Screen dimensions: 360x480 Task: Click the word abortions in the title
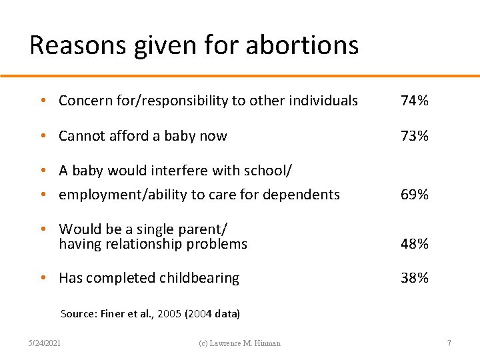pyautogui.click(x=302, y=45)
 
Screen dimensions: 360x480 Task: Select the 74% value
pyautogui.click(x=414, y=101)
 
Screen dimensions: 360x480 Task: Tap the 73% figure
pyautogui.click(x=414, y=136)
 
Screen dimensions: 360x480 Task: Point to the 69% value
pyautogui.click(x=414, y=195)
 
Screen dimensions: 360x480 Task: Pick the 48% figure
pyautogui.click(x=414, y=244)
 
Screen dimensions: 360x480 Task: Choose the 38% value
pyautogui.click(x=414, y=278)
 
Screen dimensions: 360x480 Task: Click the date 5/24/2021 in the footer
pyautogui.click(x=44, y=343)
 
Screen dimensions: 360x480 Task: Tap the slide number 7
pyautogui.click(x=449, y=343)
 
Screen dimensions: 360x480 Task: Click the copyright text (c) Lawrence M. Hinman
pyautogui.click(x=241, y=343)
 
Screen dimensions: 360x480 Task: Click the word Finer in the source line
pyautogui.click(x=113, y=313)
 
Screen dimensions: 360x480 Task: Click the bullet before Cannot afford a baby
pyautogui.click(x=42, y=136)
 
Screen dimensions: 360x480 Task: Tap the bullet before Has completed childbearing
pyautogui.click(x=42, y=278)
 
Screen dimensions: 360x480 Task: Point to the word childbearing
pyautogui.click(x=199, y=278)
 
